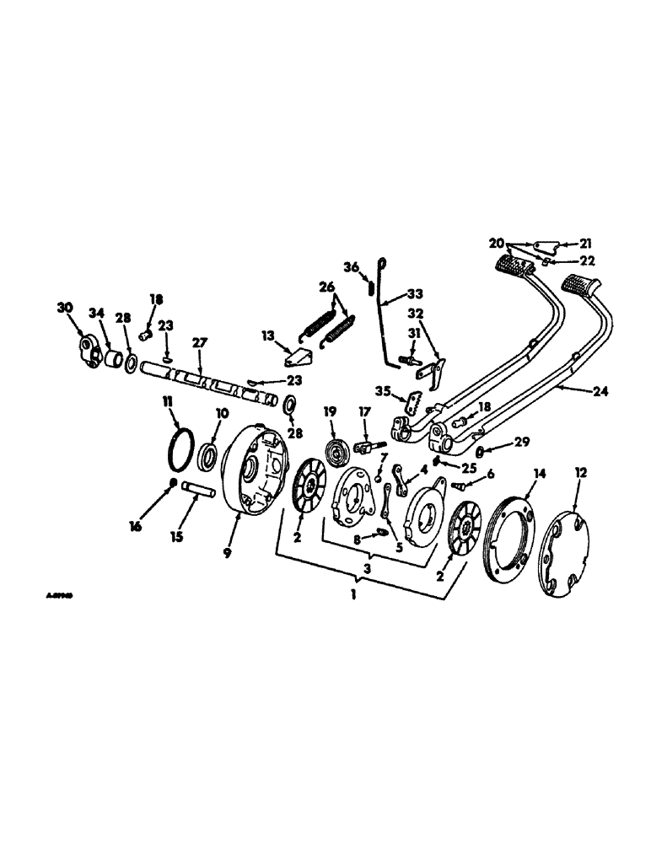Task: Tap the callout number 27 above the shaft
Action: pyautogui.click(x=200, y=344)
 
